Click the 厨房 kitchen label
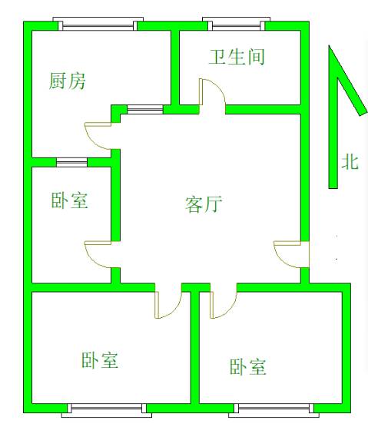click(x=67, y=81)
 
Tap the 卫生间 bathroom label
click(x=237, y=57)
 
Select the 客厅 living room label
click(x=204, y=204)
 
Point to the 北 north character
click(x=350, y=162)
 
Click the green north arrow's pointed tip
click(x=330, y=46)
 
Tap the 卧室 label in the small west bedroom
click(x=70, y=200)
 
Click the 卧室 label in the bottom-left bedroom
click(x=100, y=360)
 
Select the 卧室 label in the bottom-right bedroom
click(x=248, y=367)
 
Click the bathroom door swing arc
click(x=220, y=88)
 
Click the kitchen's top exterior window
click(x=98, y=24)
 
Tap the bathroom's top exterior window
click(x=237, y=24)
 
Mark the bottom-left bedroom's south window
click(x=107, y=410)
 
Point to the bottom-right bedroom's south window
click(x=274, y=410)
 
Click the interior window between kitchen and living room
click(x=145, y=109)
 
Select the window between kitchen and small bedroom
click(x=72, y=162)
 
